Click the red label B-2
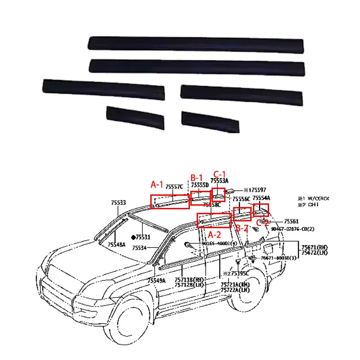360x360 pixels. pos(242,228)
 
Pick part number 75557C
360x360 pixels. pos(174,186)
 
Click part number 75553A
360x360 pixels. pos(220,180)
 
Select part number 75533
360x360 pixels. pos(119,203)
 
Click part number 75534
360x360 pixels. pos(140,248)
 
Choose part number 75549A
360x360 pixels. pos(157,281)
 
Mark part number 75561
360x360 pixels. pos(291,221)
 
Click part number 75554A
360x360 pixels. pos(261,198)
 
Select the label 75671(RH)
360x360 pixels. pos(315,247)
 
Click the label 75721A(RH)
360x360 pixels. pos(235,284)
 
